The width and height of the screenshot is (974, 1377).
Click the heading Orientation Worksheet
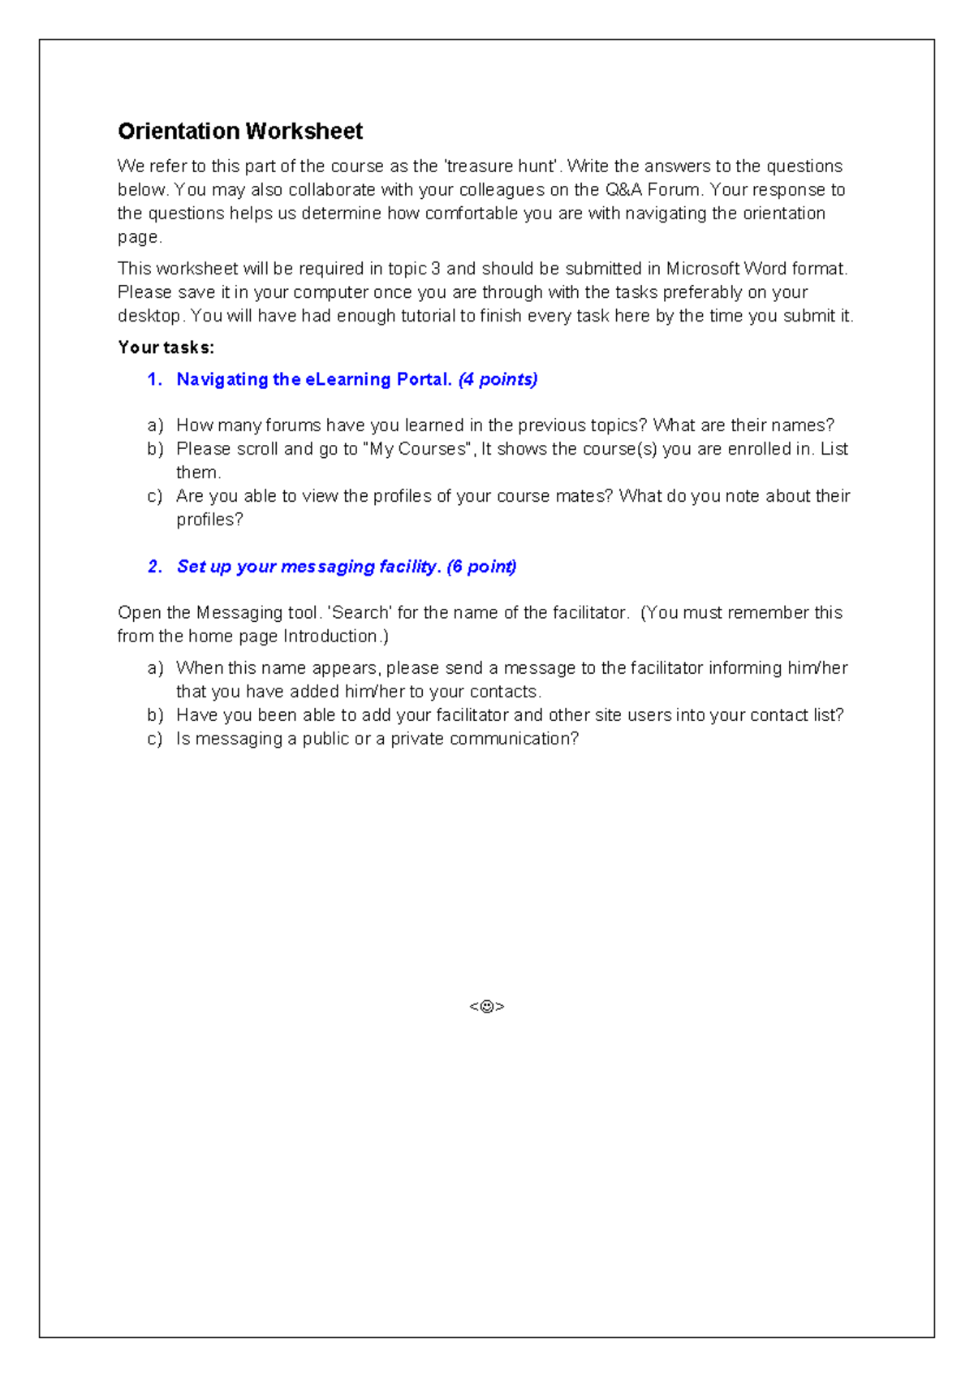pos(240,131)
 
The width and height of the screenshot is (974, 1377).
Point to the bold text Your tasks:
pos(166,347)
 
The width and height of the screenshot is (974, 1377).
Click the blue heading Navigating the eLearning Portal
pos(313,379)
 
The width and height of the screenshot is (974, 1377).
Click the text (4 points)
pos(498,379)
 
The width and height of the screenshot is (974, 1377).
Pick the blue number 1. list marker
pos(155,379)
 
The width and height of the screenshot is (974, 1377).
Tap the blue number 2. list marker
pos(155,567)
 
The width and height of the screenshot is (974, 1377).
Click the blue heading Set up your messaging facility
pos(308,567)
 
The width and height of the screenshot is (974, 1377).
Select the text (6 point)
pos(481,567)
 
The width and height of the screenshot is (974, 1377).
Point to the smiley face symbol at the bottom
pos(487,1007)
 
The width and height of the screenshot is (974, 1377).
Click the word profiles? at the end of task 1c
pos(209,520)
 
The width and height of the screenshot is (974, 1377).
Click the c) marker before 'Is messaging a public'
pos(155,739)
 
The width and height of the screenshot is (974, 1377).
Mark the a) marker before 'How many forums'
pos(155,425)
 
